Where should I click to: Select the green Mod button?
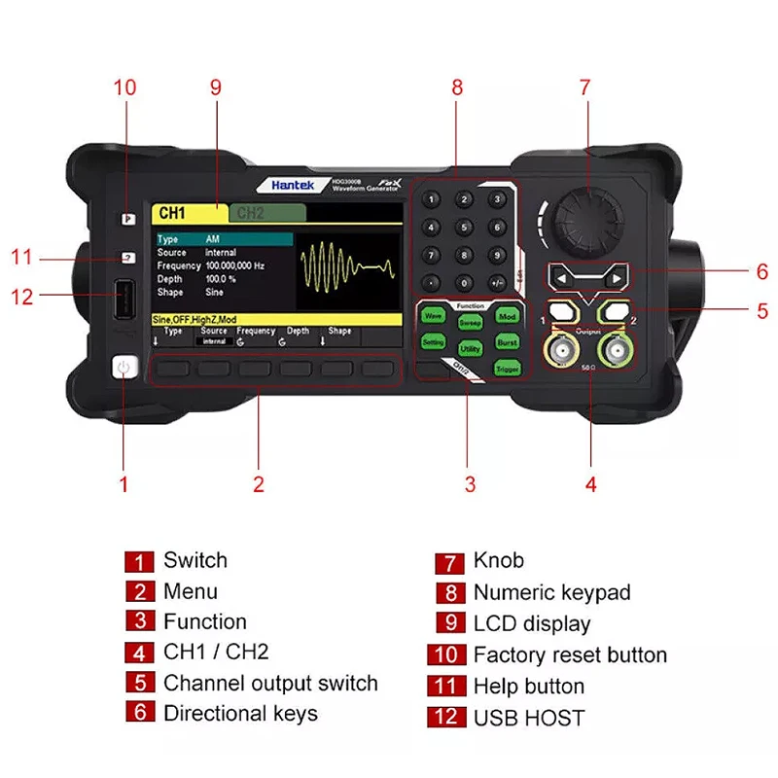(507, 316)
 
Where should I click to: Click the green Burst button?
(507, 342)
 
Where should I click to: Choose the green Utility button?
(470, 347)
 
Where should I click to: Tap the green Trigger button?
(507, 369)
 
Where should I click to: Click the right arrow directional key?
(614, 279)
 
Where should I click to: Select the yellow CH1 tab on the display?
(188, 213)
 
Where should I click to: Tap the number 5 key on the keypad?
(466, 228)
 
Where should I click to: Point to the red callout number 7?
(584, 87)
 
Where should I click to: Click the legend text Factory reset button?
(570, 655)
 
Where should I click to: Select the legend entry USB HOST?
(529, 719)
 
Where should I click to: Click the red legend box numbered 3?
(139, 623)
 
